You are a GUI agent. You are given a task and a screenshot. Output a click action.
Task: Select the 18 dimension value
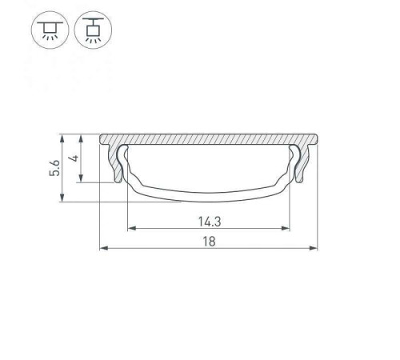pos(209,239)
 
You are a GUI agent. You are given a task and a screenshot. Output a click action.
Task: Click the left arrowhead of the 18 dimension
pos(103,248)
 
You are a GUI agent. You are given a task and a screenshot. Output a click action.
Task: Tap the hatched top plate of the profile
pos(209,139)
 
